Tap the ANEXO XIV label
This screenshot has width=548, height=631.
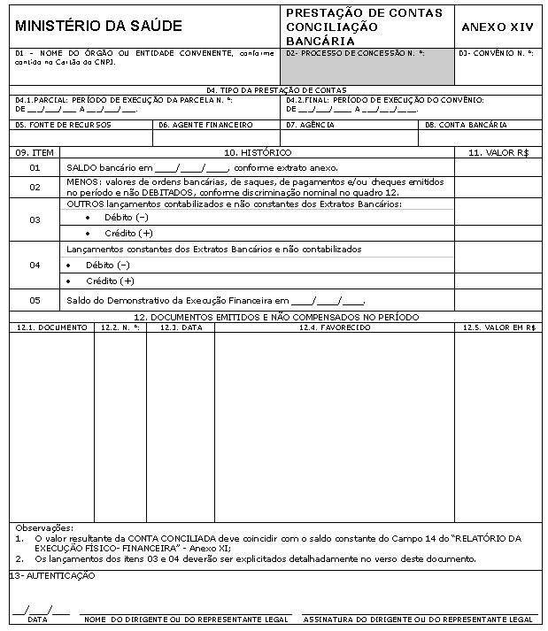coord(498,27)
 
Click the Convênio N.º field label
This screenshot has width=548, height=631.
coord(497,53)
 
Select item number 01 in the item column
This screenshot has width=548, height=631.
coord(35,166)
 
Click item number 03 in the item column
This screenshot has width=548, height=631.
coord(35,219)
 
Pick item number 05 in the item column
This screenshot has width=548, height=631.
coord(35,300)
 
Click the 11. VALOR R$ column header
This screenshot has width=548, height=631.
coord(498,153)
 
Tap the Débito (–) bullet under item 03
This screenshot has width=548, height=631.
coord(125,218)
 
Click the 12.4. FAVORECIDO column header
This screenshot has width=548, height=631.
coord(335,327)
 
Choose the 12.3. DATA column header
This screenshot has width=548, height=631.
coord(181,327)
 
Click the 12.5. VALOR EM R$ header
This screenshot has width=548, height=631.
coord(499,327)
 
